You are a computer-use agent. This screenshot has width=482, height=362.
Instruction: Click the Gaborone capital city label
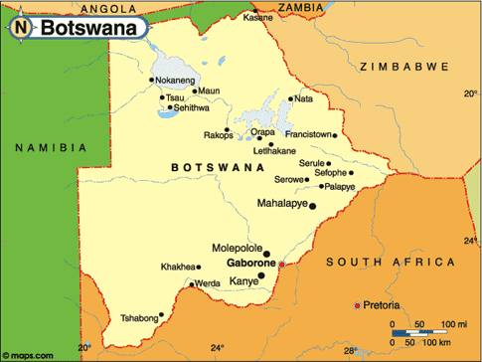click(x=250, y=264)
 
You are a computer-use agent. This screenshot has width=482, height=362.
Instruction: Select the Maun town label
click(x=208, y=90)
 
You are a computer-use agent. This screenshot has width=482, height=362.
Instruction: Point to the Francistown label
click(x=306, y=133)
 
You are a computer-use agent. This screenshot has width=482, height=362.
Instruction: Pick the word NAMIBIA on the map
click(x=48, y=147)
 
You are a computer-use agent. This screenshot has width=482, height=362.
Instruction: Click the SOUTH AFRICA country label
click(x=390, y=263)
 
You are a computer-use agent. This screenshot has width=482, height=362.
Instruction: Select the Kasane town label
click(x=258, y=18)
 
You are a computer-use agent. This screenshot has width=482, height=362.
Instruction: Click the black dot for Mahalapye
click(x=312, y=206)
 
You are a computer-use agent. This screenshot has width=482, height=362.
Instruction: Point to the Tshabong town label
click(x=138, y=318)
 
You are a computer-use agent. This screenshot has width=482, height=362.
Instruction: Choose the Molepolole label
click(x=237, y=247)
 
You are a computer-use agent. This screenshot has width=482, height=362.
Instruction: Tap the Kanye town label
click(x=242, y=281)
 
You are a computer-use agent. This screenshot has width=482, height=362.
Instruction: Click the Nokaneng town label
click(x=177, y=80)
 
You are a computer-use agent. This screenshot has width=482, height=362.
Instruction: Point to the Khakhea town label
click(x=179, y=267)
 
